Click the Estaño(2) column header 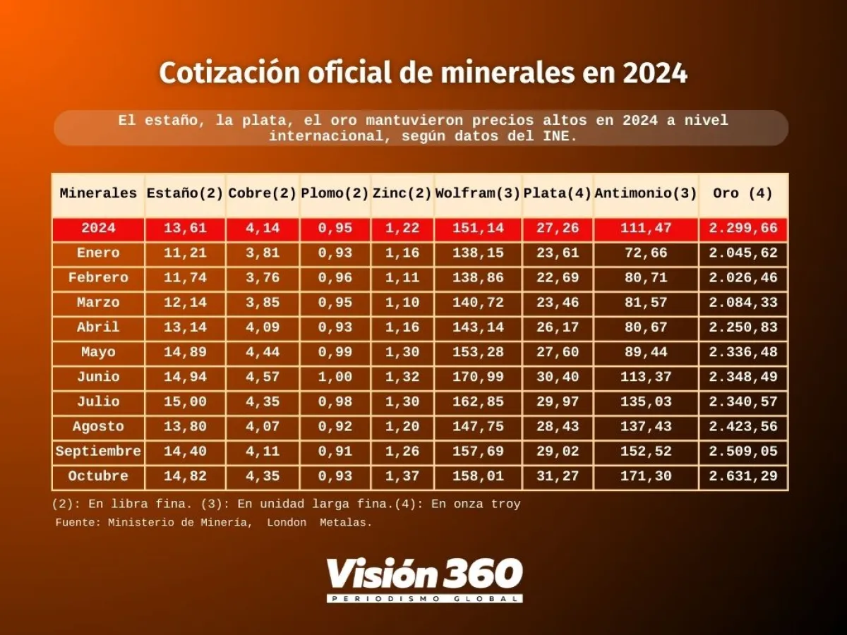[x=185, y=193]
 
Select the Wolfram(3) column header [x=478, y=193]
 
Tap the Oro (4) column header [x=743, y=193]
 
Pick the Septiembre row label [x=98, y=451]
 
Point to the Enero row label [x=98, y=253]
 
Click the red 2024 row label [x=98, y=228]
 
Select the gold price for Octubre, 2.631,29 [x=743, y=476]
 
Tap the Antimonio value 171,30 [x=645, y=476]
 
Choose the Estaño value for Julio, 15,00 [x=185, y=401]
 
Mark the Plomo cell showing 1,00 [x=335, y=377]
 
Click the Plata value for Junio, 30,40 [x=558, y=377]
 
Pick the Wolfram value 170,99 [x=478, y=377]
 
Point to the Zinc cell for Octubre [x=402, y=476]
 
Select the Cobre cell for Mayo [x=262, y=352]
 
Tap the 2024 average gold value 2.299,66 [x=743, y=228]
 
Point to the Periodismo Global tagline [x=424, y=598]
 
